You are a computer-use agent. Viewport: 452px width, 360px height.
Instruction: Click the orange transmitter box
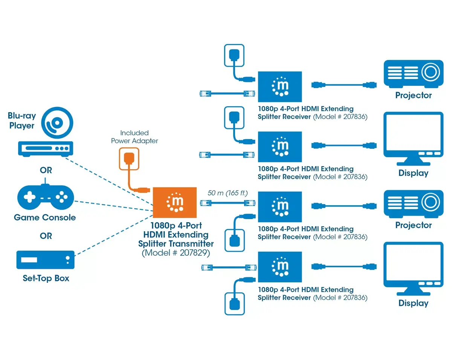click(x=174, y=203)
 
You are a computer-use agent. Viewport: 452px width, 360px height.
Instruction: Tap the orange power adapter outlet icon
click(x=129, y=159)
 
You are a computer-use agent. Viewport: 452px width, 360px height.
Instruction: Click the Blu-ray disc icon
click(x=57, y=123)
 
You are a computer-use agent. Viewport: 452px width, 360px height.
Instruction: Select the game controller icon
click(x=46, y=197)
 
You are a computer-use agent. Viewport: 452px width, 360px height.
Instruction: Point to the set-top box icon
click(x=45, y=260)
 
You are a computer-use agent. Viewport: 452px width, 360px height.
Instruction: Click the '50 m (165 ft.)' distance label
click(x=228, y=193)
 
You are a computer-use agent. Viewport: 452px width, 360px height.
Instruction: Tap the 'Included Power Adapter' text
click(x=134, y=137)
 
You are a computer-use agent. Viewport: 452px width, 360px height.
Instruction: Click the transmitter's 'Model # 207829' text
click(x=176, y=253)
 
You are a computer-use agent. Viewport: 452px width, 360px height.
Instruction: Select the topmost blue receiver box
click(x=280, y=87)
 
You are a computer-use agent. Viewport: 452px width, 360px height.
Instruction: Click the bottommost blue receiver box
click(x=280, y=267)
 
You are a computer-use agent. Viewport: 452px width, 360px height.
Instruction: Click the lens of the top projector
click(x=431, y=72)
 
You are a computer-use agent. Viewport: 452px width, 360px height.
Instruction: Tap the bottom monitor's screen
click(x=413, y=262)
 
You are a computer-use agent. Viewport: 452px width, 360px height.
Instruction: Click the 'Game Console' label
click(x=45, y=217)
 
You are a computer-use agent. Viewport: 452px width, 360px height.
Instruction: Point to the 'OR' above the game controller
click(x=46, y=170)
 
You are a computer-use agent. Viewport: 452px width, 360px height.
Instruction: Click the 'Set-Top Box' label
click(x=46, y=278)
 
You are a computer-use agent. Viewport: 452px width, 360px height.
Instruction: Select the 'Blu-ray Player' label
click(x=22, y=121)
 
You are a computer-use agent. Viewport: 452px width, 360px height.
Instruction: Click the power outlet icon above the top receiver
click(x=234, y=55)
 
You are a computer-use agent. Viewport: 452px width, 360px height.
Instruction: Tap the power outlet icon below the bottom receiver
click(x=235, y=304)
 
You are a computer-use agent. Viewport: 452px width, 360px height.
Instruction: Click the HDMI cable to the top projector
click(x=344, y=85)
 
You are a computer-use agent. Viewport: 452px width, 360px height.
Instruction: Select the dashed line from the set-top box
click(x=114, y=235)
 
